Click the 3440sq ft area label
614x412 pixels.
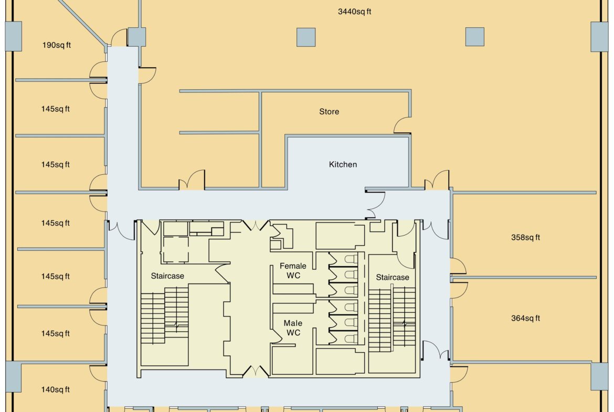[354, 12]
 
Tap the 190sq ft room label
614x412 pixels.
[56, 45]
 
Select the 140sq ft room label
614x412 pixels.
[55, 389]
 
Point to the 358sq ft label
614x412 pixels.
[525, 237]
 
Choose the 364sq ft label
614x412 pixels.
[525, 319]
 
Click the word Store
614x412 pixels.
[329, 112]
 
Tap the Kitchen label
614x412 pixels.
[343, 164]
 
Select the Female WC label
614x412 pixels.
[293, 271]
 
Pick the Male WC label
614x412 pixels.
[293, 328]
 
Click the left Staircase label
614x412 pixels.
[167, 276]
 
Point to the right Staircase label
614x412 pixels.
[393, 278]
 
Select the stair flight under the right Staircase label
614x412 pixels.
[391, 319]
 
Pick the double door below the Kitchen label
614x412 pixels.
[375, 205]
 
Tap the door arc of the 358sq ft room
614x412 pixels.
[459, 266]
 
